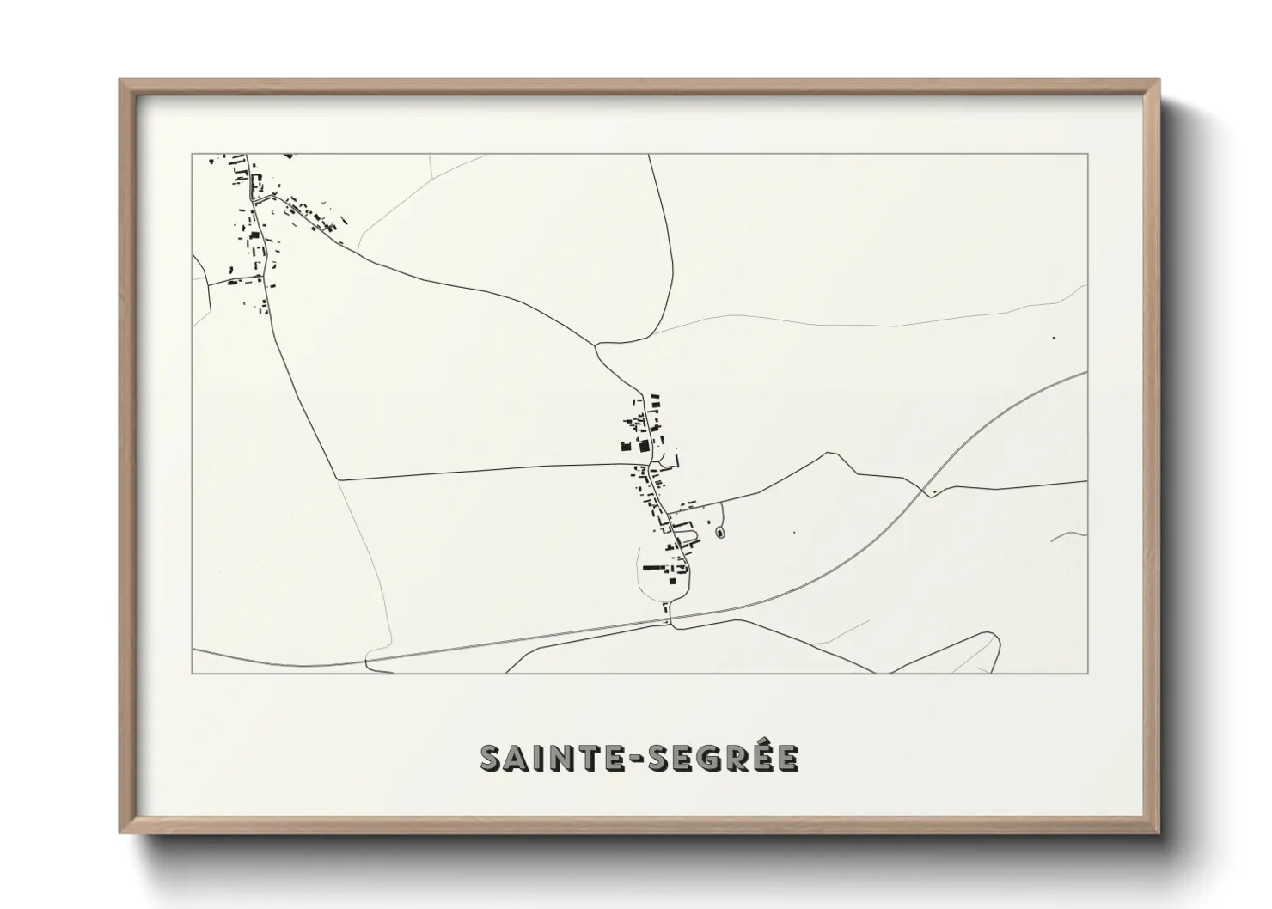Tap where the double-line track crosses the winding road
click(x=927, y=491)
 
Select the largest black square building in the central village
click(x=640, y=446)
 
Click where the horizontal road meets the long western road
click(x=339, y=479)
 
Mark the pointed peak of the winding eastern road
click(x=829, y=453)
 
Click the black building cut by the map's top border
click(x=288, y=156)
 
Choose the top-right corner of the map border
click(x=1087, y=154)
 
